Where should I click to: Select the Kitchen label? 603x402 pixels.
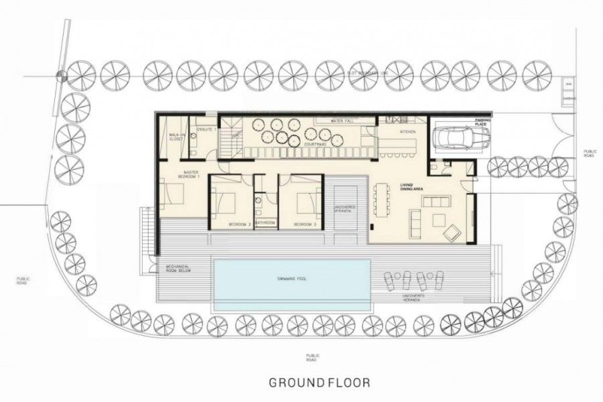tap(408, 132)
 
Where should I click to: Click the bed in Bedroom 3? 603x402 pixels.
tap(304, 199)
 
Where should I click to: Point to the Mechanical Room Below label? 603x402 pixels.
tap(179, 269)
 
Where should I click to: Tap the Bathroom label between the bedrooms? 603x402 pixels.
tap(265, 222)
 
